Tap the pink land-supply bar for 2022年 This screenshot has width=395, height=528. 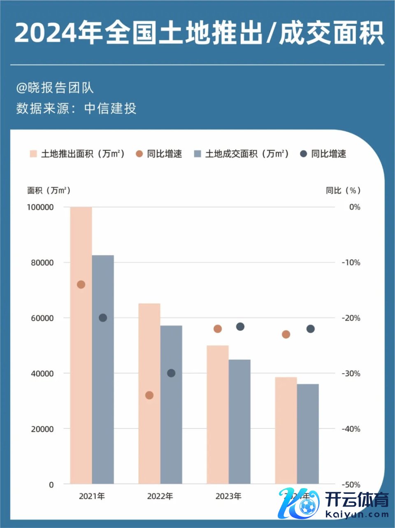coord(149,393)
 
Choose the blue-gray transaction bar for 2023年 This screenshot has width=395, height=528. coord(239,421)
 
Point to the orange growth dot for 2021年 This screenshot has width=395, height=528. coord(81,284)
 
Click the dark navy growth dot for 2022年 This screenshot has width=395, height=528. coord(171,373)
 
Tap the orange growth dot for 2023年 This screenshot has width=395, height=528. coord(218,328)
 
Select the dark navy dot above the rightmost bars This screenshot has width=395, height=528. coord(311,328)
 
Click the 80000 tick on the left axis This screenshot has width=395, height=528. coord(42,263)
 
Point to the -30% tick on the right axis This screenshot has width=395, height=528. coord(351,374)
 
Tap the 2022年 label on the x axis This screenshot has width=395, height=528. coord(160,496)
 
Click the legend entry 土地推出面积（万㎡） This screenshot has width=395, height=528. coord(82,154)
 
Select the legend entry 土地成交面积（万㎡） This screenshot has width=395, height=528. coord(246,154)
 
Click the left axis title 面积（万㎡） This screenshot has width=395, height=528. coord(49,191)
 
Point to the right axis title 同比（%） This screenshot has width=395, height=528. coord(343,191)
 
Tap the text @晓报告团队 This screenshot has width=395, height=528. coord(55,88)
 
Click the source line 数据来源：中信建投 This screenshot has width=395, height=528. coord(76,108)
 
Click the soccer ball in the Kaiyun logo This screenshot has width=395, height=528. coord(307,506)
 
